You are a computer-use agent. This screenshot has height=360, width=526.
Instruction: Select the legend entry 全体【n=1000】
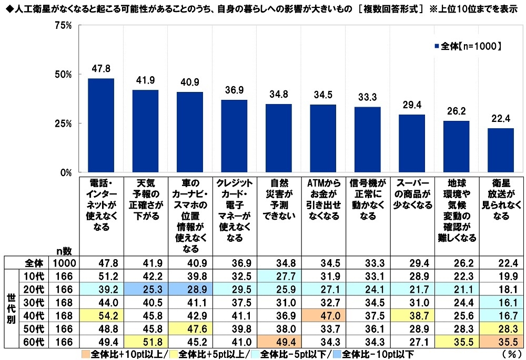coord(467,46)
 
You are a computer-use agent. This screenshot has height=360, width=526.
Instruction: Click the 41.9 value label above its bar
coord(145,80)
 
